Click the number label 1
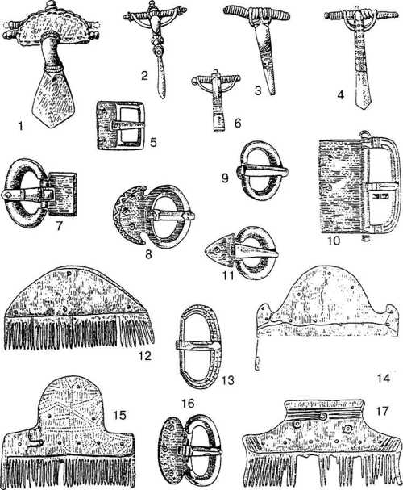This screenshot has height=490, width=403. coord(21,126)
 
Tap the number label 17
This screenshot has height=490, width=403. coord(382,411)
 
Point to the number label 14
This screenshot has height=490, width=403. coord(384,379)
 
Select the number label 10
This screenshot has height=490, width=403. coord(334,241)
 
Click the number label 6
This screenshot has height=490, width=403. coord(238,124)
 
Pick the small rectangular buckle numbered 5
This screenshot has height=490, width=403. coord(121,124)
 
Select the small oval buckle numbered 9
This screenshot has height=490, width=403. coord(262,170)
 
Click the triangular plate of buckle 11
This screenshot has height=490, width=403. coord(219,250)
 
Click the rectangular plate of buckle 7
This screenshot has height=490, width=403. coord(63,195)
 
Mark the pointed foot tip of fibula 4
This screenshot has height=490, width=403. coord(362,109)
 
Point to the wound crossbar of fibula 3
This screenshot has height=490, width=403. coord(256,14)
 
